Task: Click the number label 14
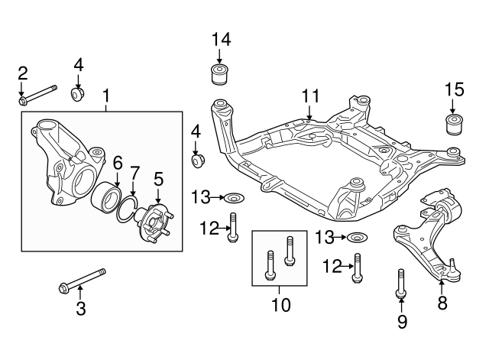click(x=220, y=38)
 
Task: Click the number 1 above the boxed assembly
click(x=106, y=96)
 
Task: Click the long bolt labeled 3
click(x=81, y=279)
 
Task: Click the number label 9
click(x=401, y=322)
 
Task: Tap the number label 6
click(x=118, y=162)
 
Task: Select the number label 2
click(x=23, y=73)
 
